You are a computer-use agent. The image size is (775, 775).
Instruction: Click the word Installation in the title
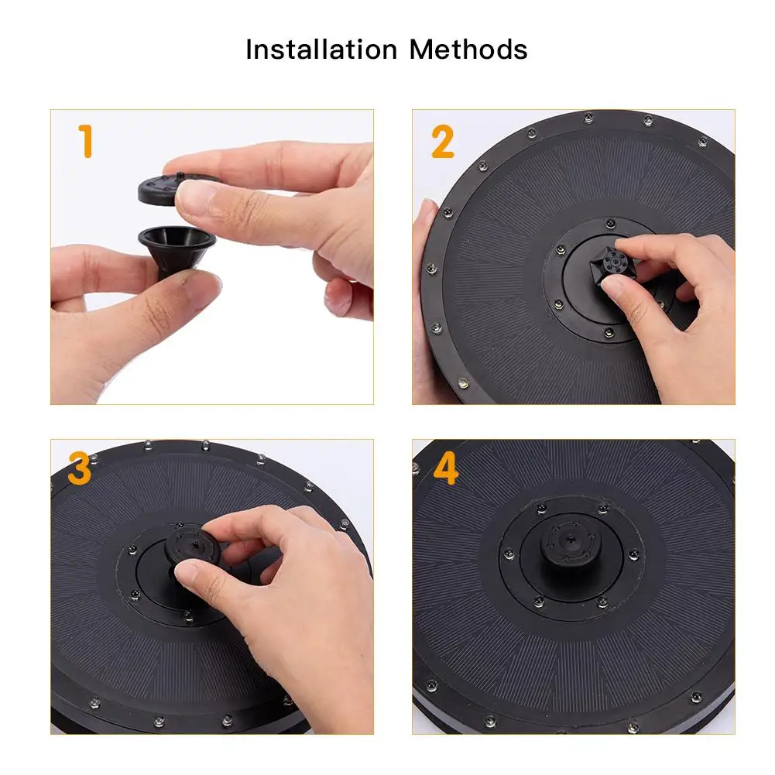pyautogui.click(x=321, y=50)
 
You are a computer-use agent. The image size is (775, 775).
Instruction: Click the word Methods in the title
pyautogui.click(x=468, y=50)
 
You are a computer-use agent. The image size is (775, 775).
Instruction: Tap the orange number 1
pyautogui.click(x=86, y=142)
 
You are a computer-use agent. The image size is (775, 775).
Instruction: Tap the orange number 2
pyautogui.click(x=442, y=142)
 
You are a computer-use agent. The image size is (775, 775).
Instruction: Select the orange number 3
pyautogui.click(x=80, y=468)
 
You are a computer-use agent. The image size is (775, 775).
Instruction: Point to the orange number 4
pyautogui.click(x=446, y=468)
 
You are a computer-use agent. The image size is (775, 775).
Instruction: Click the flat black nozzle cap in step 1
pyautogui.click(x=163, y=189)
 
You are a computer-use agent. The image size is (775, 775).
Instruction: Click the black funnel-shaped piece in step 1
pyautogui.click(x=176, y=250)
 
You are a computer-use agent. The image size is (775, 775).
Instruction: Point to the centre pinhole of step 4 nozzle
pyautogui.click(x=570, y=538)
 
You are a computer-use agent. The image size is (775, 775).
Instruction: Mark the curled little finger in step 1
pyautogui.click(x=346, y=297)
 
